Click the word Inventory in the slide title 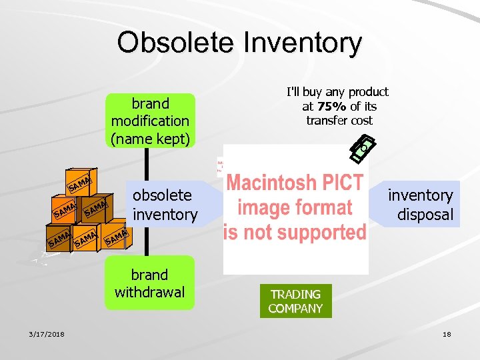(303, 43)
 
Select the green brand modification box (150, 121)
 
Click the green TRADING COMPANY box (295, 301)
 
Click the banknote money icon (363, 147)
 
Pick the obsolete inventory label (165, 205)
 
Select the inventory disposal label (421, 205)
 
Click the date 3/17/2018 (46, 334)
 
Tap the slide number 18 (446, 334)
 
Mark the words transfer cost (339, 121)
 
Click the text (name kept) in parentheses (150, 138)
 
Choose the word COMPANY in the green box (295, 308)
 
